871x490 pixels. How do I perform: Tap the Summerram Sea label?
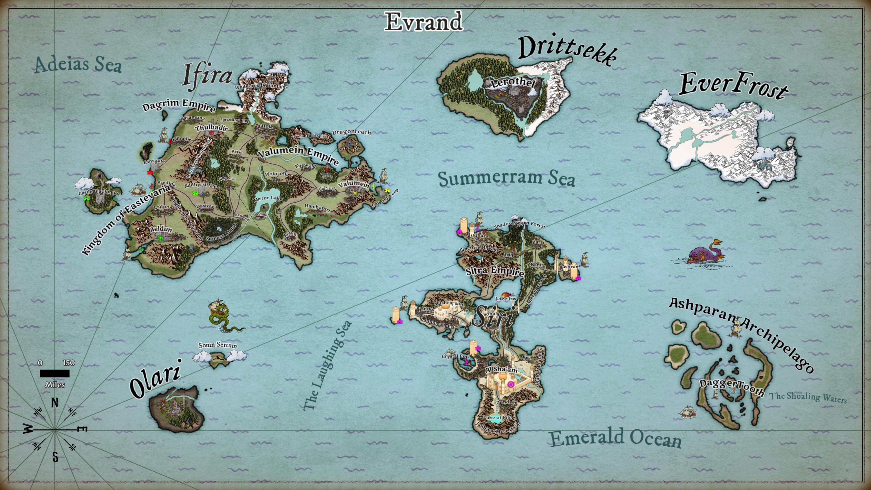click(506, 178)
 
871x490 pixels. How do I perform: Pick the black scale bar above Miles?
click(55, 373)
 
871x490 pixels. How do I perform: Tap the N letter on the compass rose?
click(55, 403)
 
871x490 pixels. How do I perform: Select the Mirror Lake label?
click(268, 198)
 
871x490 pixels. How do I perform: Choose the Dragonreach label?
click(351, 132)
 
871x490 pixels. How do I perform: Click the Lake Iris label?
click(506, 299)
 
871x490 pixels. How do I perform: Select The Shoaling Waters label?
click(808, 397)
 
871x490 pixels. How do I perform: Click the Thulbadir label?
click(211, 128)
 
